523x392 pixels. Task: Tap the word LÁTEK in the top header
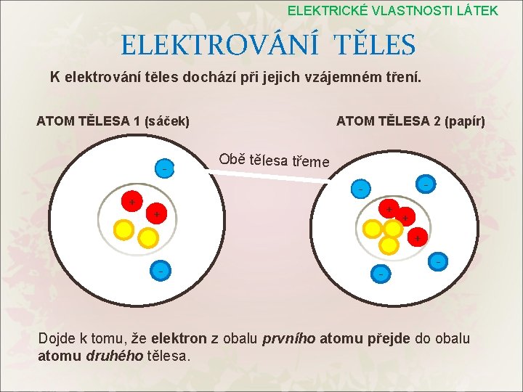click(x=476, y=10)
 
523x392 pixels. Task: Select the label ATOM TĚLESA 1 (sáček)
click(x=113, y=121)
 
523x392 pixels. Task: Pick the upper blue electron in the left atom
click(x=164, y=168)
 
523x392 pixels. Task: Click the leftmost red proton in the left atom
click(x=131, y=200)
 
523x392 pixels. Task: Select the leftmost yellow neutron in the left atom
click(x=124, y=229)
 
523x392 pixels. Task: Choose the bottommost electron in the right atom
click(x=380, y=274)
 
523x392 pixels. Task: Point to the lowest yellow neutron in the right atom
click(x=390, y=245)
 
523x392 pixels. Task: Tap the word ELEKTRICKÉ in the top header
click(x=328, y=10)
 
